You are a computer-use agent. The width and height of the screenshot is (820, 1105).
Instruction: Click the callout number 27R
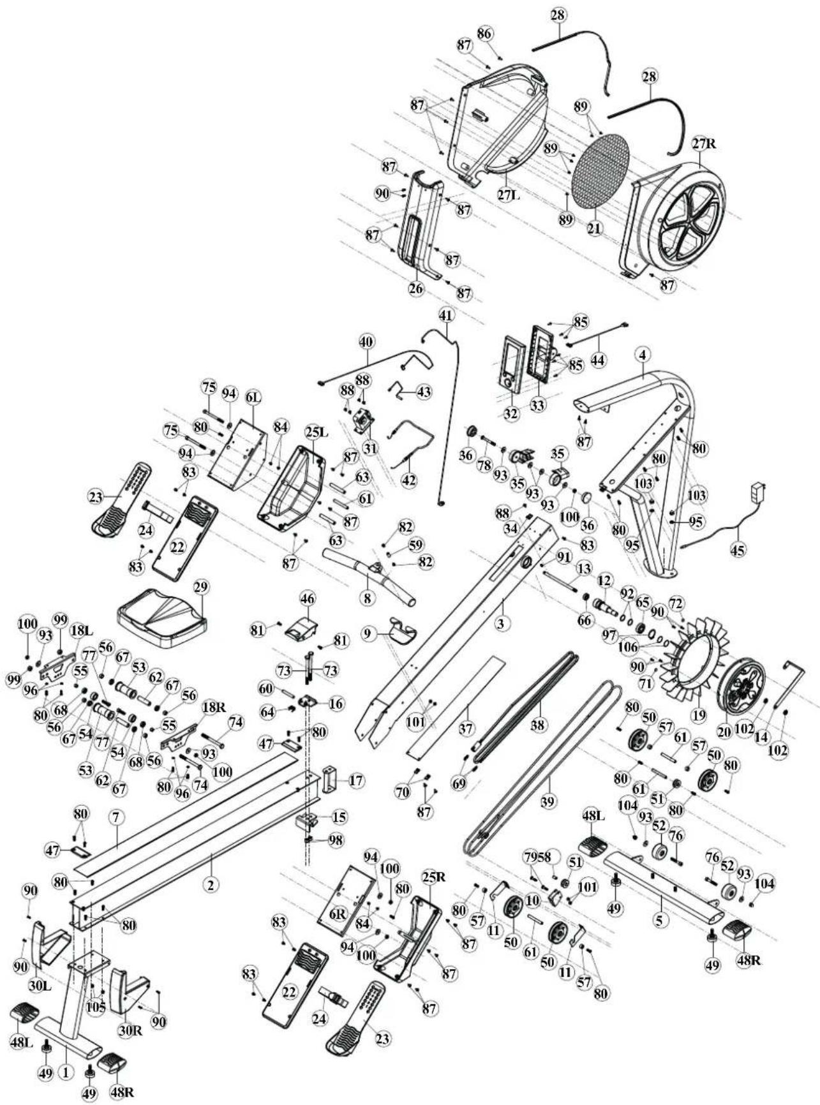(704, 144)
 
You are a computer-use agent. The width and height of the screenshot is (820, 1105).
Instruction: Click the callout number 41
(445, 316)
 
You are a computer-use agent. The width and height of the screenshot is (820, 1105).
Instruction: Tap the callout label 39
(548, 802)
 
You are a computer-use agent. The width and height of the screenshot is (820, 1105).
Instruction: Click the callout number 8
(366, 598)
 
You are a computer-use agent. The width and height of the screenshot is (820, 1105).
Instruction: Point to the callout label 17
(356, 780)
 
